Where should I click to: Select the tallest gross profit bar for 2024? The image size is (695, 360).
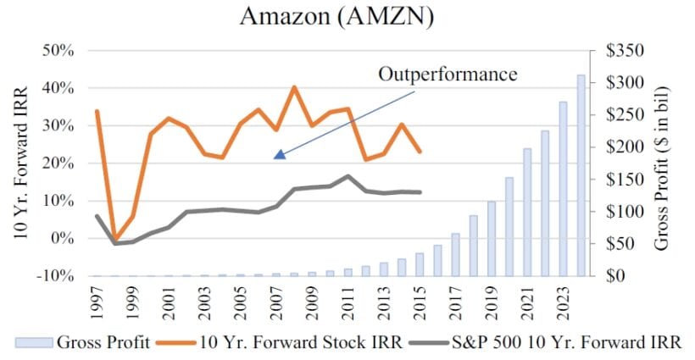click(581, 175)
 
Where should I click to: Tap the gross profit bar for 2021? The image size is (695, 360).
click(527, 212)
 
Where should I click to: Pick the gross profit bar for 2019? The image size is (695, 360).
click(491, 238)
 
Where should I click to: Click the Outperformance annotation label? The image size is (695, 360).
click(448, 75)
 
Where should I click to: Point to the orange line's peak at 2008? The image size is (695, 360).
click(294, 87)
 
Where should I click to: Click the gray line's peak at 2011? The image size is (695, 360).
click(348, 176)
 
